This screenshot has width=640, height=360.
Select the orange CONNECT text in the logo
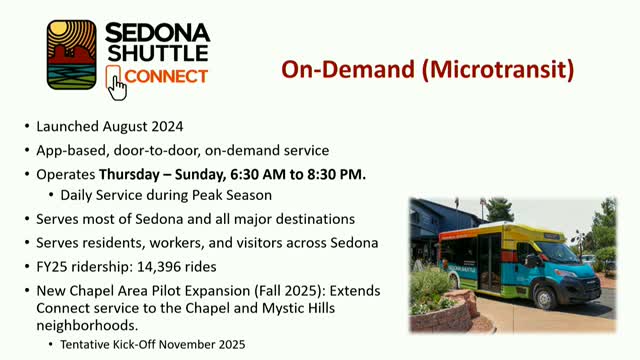pos(167,76)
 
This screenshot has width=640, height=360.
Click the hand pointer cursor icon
pos(117,85)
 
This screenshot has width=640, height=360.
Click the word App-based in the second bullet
pos(70,150)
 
